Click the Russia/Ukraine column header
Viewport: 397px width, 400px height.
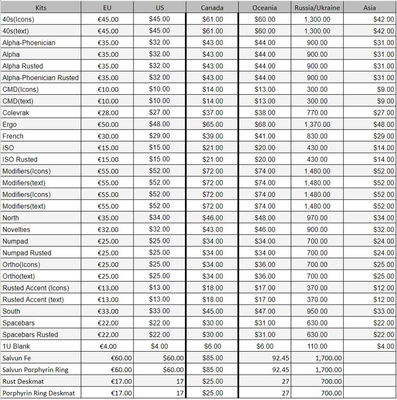click(316, 8)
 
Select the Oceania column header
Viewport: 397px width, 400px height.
click(264, 8)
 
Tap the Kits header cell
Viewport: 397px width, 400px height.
click(41, 8)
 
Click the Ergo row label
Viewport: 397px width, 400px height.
click(10, 124)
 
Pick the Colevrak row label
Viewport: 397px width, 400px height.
click(16, 113)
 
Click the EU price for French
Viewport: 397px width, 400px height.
click(108, 136)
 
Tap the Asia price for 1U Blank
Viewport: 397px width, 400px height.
click(385, 346)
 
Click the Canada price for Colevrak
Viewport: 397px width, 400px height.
click(212, 113)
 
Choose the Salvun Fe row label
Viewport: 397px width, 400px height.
click(17, 358)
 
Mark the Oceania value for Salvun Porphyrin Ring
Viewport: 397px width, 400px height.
click(280, 370)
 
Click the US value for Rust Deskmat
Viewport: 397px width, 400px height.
click(179, 381)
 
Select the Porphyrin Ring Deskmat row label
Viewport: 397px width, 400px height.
click(38, 393)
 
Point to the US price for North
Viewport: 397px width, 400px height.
click(160, 218)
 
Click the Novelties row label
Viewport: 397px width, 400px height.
click(16, 230)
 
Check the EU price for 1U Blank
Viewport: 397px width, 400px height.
click(108, 346)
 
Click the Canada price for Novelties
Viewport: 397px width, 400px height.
click(212, 230)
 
